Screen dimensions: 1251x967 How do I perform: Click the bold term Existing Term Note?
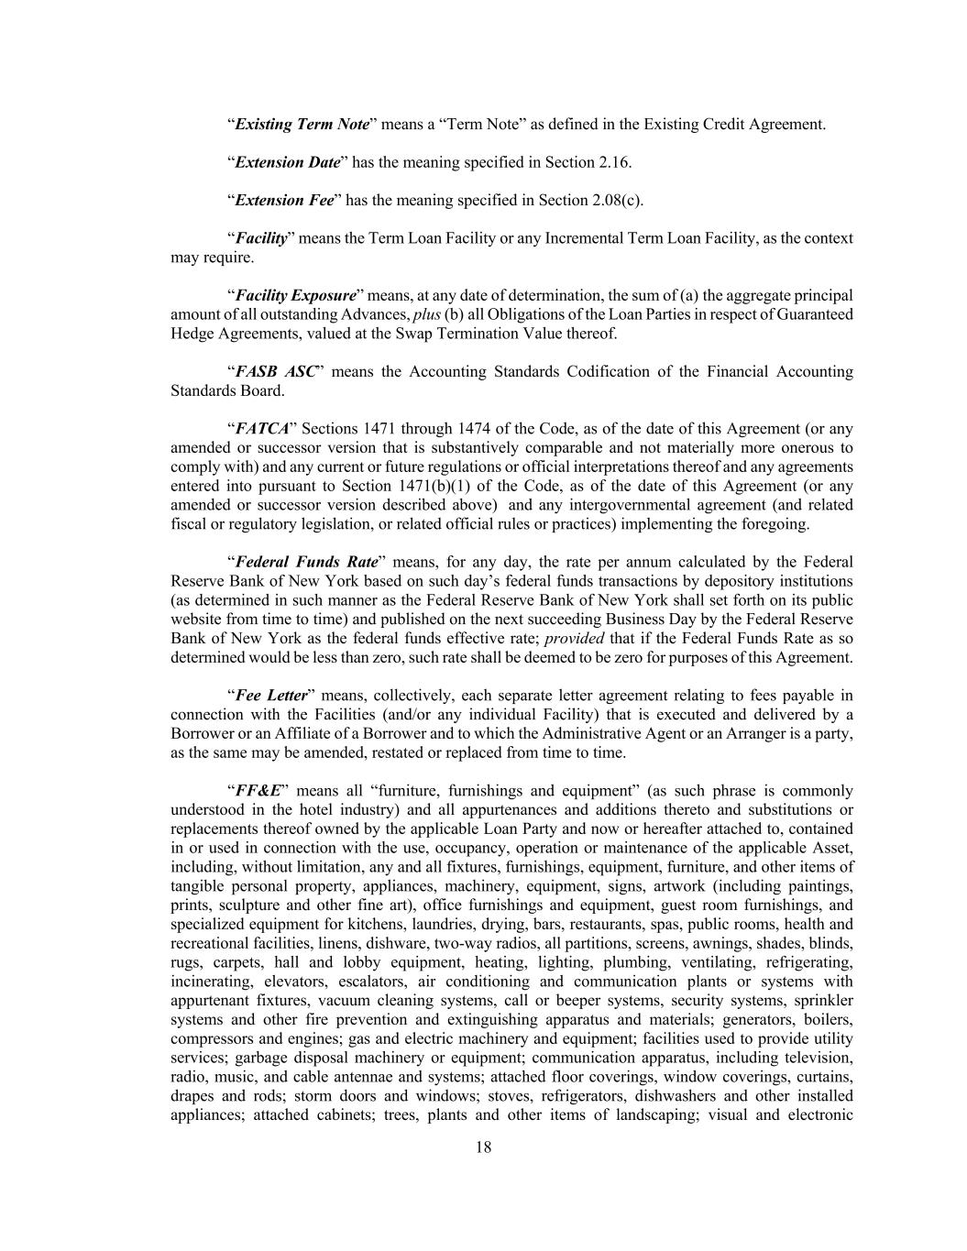302,124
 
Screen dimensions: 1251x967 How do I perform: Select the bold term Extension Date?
288,162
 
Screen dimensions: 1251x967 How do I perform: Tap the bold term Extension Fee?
284,200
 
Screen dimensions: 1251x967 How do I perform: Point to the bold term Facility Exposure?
295,295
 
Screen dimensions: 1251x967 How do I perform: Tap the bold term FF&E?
258,790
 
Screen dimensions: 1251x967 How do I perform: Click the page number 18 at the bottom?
484,1147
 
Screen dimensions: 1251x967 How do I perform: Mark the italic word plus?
427,314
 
